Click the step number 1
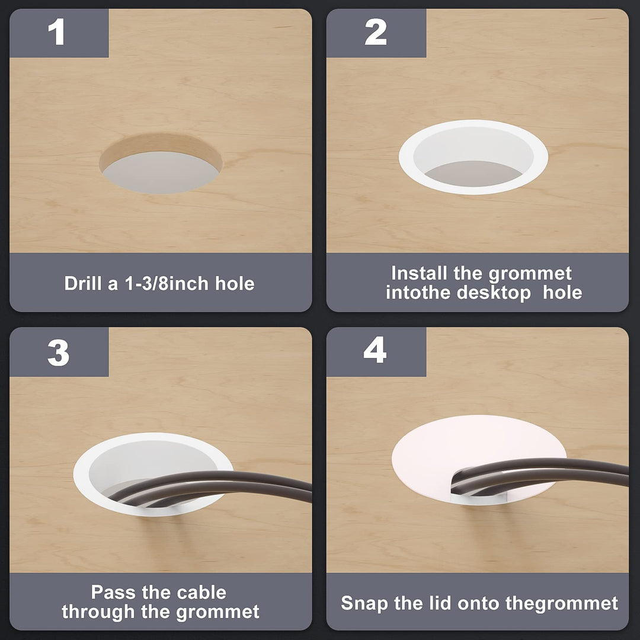coord(56,31)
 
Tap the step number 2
coord(376,31)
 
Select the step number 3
coord(58,353)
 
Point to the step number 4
coord(375,350)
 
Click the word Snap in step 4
coord(364,604)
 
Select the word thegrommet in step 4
coord(562,604)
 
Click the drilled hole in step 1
coord(161,164)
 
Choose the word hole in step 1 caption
coord(235,283)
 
